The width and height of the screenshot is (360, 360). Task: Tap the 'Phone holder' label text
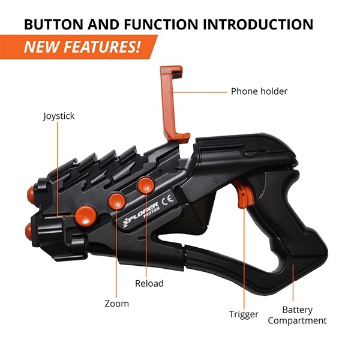coord(259,91)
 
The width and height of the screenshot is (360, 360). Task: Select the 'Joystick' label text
coord(59,116)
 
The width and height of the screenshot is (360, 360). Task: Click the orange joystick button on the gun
coord(86,215)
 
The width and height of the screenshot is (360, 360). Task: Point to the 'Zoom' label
coord(116,304)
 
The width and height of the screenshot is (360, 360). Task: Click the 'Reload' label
coord(149,283)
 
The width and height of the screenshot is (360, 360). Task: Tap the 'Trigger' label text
coord(244,314)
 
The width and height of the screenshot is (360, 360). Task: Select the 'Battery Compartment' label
coord(297,315)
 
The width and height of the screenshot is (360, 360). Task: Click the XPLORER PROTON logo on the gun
coord(141,214)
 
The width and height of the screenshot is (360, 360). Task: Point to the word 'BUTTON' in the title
coord(53,24)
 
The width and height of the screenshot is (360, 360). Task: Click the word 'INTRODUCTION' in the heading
coord(258,24)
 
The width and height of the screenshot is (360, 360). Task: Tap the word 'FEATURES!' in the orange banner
coord(102,47)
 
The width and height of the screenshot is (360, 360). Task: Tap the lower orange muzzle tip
coord(28,230)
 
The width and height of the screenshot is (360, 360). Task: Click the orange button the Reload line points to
coord(146,185)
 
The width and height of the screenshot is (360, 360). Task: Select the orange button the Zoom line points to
coord(117,202)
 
